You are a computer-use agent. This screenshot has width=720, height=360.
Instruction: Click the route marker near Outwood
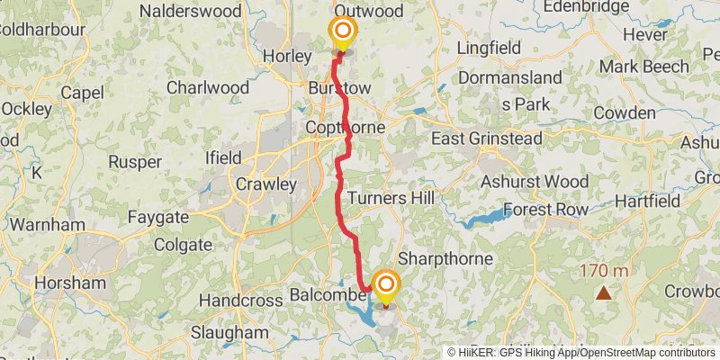point(342,33)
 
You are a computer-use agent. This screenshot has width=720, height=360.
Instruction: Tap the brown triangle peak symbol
point(602,292)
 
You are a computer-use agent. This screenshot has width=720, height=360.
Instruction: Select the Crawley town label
point(265,184)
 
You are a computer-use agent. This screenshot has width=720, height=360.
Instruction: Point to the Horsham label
point(70,283)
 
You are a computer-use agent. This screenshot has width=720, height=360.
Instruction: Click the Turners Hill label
point(391,197)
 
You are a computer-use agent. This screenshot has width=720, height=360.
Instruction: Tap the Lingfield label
point(490,47)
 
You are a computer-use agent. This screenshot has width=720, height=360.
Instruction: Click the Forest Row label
point(545,209)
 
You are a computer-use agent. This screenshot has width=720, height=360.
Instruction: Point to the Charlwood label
point(208,88)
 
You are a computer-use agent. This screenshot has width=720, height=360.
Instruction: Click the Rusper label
point(134,162)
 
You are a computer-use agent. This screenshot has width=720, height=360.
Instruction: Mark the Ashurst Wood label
point(534,180)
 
